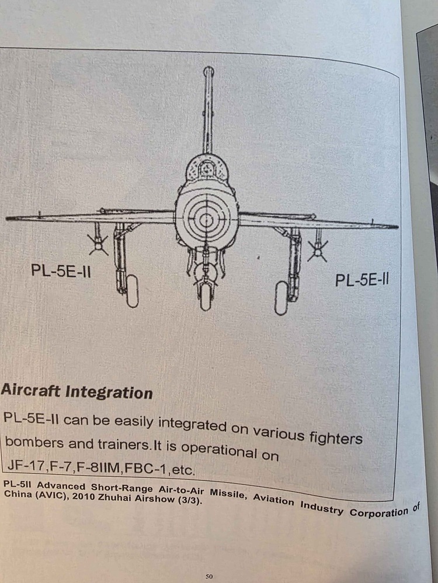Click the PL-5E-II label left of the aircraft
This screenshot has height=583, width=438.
[x=61, y=271]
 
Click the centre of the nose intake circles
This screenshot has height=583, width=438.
[x=206, y=220]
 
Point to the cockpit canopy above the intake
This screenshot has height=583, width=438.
[x=206, y=169]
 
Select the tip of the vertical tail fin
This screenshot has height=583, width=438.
[x=208, y=71]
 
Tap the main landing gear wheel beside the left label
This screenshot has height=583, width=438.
[x=133, y=291]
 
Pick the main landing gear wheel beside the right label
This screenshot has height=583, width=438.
[x=281, y=297]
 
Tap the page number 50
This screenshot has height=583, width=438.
[x=209, y=577]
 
